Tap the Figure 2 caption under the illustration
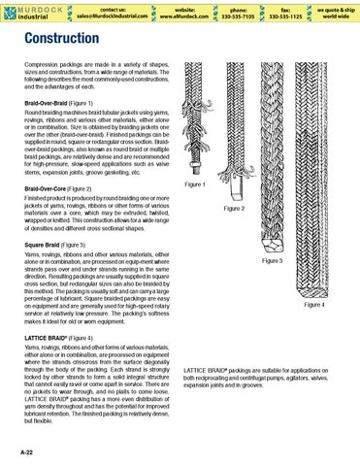click(239, 208)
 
